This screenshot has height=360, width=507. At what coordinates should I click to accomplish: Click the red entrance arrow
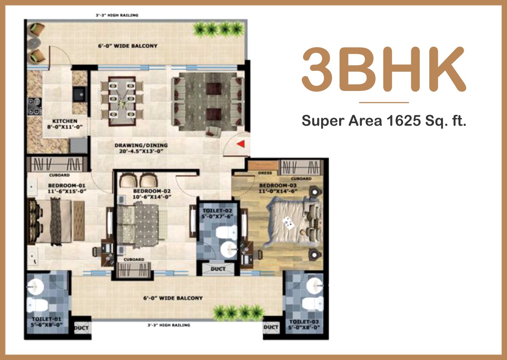pyautogui.click(x=240, y=144)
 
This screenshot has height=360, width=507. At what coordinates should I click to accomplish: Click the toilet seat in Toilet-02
pyautogui.click(x=226, y=233)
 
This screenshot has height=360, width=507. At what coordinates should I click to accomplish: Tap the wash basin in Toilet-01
pyautogui.click(x=36, y=286)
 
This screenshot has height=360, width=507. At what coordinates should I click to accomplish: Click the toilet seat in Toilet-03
pyautogui.click(x=313, y=304)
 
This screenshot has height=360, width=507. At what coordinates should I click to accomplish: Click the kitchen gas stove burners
pyautogui.click(x=35, y=106)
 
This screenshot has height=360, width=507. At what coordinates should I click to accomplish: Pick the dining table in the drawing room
pyautogui.click(x=122, y=101)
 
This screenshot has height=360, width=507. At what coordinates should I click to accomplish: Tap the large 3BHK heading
pyautogui.click(x=384, y=70)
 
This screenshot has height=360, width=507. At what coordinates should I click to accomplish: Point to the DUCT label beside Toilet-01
pyautogui.click(x=81, y=328)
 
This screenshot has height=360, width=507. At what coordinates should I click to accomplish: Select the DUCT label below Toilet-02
pyautogui.click(x=218, y=269)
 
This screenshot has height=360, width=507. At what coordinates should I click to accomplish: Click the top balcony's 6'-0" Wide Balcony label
pyautogui.click(x=128, y=46)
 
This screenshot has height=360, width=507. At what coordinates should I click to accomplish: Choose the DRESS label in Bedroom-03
pyautogui.click(x=265, y=173)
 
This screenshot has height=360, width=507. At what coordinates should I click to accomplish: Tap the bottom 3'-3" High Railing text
pyautogui.click(x=169, y=325)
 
